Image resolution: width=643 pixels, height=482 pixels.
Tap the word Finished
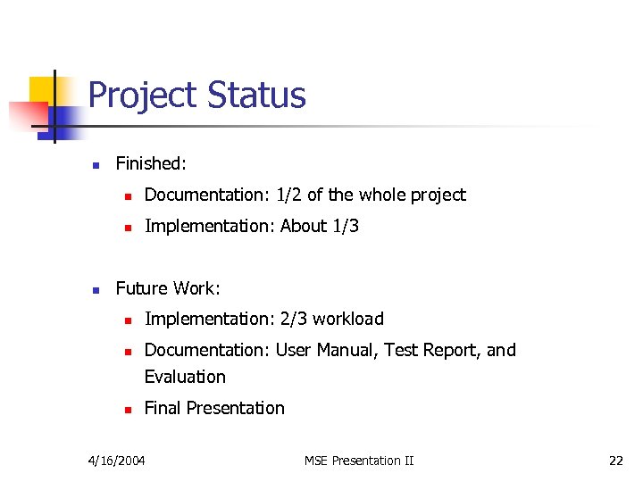150,163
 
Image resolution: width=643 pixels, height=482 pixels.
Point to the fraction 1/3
346,226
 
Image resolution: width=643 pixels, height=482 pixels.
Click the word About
304,226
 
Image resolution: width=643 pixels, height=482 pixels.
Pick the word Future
143,288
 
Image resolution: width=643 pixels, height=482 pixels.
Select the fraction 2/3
293,319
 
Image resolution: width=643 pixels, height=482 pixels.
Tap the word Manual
350,350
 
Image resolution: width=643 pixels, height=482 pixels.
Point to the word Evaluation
185,377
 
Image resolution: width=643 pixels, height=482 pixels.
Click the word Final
164,408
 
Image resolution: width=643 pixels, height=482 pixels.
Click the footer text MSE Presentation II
359,461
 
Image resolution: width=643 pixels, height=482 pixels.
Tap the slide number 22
615,461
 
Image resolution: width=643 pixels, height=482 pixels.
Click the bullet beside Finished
95,164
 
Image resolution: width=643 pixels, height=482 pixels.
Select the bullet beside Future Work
95,289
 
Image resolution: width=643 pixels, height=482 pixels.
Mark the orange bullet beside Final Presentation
129,409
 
